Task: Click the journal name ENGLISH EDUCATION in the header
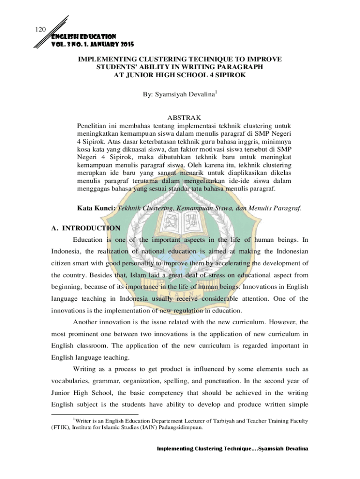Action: click(x=78, y=36)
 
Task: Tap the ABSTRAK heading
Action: click(x=180, y=117)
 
